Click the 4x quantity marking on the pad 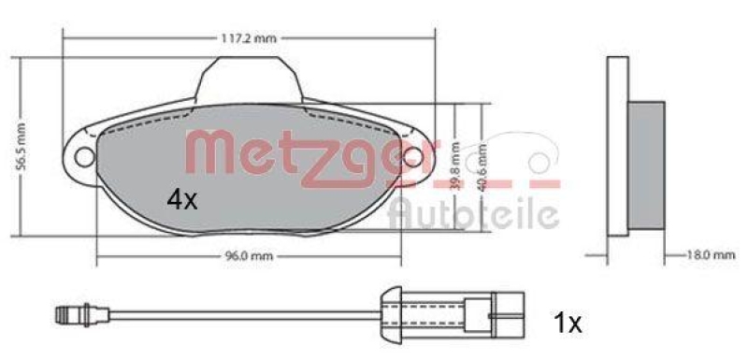coord(181,198)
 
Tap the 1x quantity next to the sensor coord(565,324)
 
